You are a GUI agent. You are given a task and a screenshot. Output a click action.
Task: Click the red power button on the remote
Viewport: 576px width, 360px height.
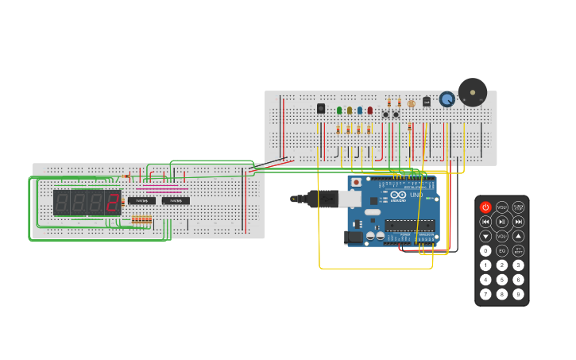tap(485, 207)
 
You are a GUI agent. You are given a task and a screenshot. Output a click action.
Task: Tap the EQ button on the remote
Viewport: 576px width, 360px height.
tap(502, 250)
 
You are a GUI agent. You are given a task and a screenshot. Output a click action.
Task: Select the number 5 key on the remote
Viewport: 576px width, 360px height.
tap(502, 280)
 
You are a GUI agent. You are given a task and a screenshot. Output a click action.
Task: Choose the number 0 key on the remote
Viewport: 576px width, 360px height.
tap(485, 250)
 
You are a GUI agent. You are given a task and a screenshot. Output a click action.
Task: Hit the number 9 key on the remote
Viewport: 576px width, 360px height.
tap(518, 294)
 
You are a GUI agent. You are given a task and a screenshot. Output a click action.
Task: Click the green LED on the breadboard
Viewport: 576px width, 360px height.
tap(339, 110)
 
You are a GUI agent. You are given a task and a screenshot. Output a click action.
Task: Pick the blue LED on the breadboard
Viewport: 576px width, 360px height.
tap(360, 110)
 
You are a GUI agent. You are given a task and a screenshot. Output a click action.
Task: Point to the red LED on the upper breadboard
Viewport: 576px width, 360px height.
tap(369, 110)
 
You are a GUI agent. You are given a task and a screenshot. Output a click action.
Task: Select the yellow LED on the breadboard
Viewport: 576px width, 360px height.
tap(350, 110)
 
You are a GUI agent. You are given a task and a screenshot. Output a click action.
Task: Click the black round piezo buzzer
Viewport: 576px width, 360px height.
tap(473, 92)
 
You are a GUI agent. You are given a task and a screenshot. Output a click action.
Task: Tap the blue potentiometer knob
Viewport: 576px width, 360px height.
tap(447, 99)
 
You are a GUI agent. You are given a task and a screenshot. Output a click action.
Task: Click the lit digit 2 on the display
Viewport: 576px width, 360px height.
tap(113, 203)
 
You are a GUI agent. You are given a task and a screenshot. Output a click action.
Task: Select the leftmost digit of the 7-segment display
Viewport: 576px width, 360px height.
tap(62, 203)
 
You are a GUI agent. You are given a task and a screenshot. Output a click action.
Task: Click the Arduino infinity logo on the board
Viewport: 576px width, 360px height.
tap(398, 195)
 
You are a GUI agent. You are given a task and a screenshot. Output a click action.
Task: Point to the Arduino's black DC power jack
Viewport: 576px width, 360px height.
tap(351, 236)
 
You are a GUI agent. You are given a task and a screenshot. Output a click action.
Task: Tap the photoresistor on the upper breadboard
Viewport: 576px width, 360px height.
tap(411, 103)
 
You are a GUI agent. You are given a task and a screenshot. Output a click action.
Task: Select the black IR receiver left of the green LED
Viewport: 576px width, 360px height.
tap(321, 108)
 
